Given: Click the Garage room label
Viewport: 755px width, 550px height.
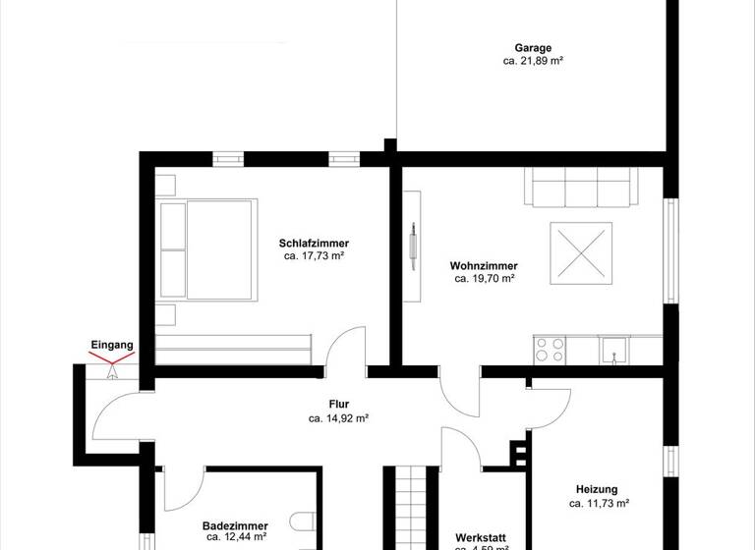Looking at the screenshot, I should pos(533,47).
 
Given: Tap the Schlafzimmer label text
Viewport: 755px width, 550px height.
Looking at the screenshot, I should pos(314,244).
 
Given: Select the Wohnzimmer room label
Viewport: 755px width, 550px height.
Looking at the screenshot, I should pos(484,266).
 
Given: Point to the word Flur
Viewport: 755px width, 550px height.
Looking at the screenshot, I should pos(339,404).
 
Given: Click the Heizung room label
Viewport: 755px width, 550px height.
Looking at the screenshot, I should pos(597,490).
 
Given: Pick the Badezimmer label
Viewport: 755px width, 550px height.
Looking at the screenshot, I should pos(234,524).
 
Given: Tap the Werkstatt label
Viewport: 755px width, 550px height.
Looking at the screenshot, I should pos(482,537).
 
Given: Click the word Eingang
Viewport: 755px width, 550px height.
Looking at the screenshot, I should pos(111,346).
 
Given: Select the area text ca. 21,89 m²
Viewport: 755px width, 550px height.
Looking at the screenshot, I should pos(533,61).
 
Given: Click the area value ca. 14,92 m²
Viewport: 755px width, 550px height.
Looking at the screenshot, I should pos(339,417).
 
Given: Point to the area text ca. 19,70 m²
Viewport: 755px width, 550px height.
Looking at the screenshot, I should pos(484,279).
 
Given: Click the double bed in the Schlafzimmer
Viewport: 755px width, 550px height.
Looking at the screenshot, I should pos(208,249).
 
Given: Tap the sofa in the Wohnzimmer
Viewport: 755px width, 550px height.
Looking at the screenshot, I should pos(581,188).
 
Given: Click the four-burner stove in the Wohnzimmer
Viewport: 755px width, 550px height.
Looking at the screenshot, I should pos(549,347).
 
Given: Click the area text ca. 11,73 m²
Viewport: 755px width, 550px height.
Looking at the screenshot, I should pos(597,504).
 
